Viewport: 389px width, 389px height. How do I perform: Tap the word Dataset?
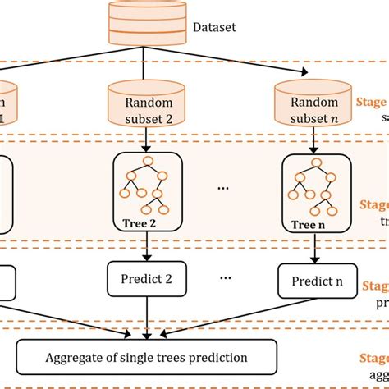tap(214, 28)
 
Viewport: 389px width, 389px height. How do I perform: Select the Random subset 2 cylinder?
tap(146, 100)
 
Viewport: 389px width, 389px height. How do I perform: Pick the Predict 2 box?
tap(146, 279)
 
